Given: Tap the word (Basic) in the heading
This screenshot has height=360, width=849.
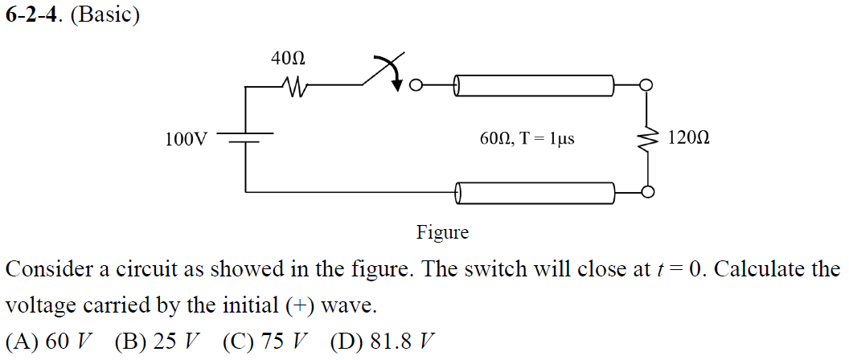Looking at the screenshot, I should click(x=105, y=16).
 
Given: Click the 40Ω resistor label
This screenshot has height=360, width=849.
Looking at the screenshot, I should click(x=288, y=59).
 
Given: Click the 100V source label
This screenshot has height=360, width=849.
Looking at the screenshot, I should click(x=186, y=139).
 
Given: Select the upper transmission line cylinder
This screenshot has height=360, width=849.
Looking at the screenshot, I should click(x=535, y=84).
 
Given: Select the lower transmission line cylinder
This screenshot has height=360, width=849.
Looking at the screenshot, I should click(x=535, y=192).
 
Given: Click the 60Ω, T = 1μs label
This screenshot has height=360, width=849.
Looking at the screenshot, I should click(x=527, y=139).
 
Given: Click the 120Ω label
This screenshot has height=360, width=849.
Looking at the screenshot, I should click(x=688, y=139).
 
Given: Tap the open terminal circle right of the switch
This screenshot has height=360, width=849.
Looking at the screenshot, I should click(x=416, y=84).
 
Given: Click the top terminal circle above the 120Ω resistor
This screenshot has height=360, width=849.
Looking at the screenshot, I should click(x=646, y=84).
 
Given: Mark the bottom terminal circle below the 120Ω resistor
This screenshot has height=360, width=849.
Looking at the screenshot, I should click(x=646, y=192).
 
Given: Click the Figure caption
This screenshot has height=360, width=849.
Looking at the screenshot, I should click(x=442, y=233).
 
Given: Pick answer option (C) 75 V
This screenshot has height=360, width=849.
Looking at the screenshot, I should click(x=263, y=341).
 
